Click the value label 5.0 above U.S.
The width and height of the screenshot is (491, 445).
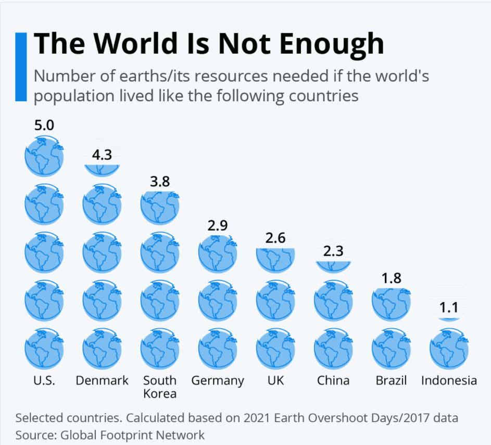point(44,125)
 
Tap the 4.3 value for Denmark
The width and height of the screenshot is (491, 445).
point(102,155)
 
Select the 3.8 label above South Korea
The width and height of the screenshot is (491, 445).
point(160,182)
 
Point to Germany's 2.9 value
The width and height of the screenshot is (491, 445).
point(218,226)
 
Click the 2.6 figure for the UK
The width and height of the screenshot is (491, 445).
point(275,238)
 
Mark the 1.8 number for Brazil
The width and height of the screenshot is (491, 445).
point(391,278)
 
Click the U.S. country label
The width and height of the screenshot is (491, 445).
point(44,380)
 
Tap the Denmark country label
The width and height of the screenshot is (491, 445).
point(102,380)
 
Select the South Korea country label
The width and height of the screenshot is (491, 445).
point(160,387)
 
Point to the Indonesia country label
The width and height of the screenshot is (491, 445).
point(449,380)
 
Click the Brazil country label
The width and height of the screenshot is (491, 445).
point(391,380)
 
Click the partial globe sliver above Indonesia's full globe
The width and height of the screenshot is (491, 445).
point(449,319)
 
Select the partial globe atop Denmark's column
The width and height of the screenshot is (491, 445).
point(102,170)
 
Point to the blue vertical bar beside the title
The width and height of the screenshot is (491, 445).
point(21,66)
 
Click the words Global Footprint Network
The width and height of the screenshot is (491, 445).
point(133,435)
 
